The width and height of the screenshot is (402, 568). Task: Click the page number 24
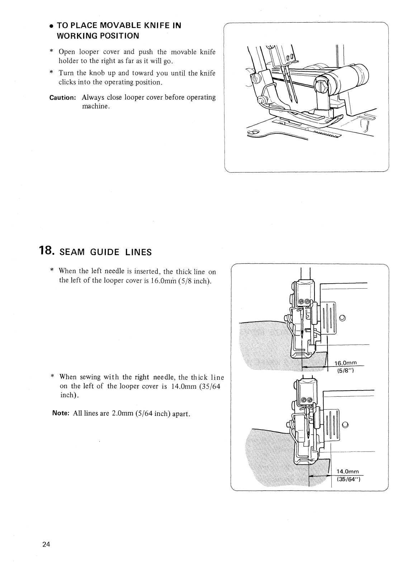(46, 544)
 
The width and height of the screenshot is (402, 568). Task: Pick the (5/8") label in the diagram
(345, 371)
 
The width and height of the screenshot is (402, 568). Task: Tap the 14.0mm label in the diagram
(347, 472)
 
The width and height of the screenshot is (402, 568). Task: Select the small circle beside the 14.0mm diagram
(345, 425)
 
